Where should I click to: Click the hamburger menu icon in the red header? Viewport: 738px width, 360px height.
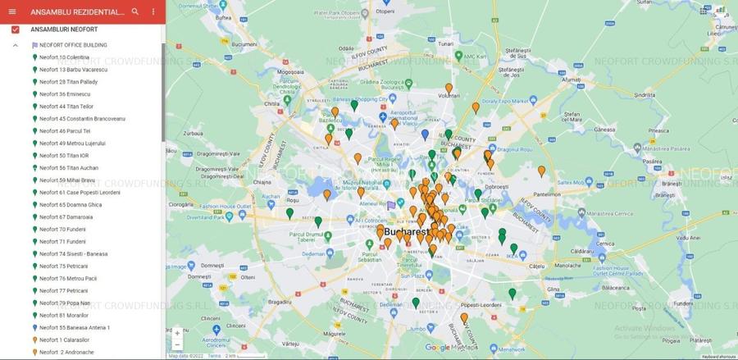point(12,11)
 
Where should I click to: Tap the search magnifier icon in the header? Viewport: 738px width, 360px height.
point(135,11)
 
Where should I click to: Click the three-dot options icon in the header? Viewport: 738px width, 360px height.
point(153,11)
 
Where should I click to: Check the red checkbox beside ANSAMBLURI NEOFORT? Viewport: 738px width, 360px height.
point(16,30)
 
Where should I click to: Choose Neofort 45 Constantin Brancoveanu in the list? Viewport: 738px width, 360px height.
point(82,119)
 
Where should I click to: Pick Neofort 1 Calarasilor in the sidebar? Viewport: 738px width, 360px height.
point(66,340)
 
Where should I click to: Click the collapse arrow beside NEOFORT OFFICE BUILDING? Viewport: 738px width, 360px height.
point(16,45)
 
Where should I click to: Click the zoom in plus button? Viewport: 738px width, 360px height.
point(177,333)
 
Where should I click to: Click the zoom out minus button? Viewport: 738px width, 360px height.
point(177,345)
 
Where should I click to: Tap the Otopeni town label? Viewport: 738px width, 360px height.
point(384,11)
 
